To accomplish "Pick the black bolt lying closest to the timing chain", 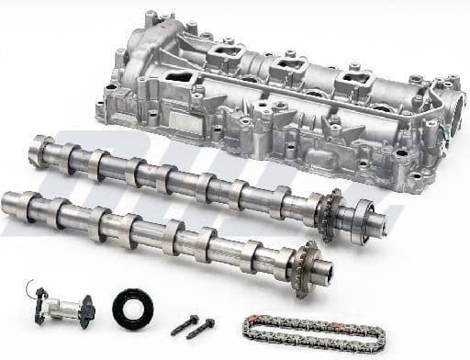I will tap(201, 326).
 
